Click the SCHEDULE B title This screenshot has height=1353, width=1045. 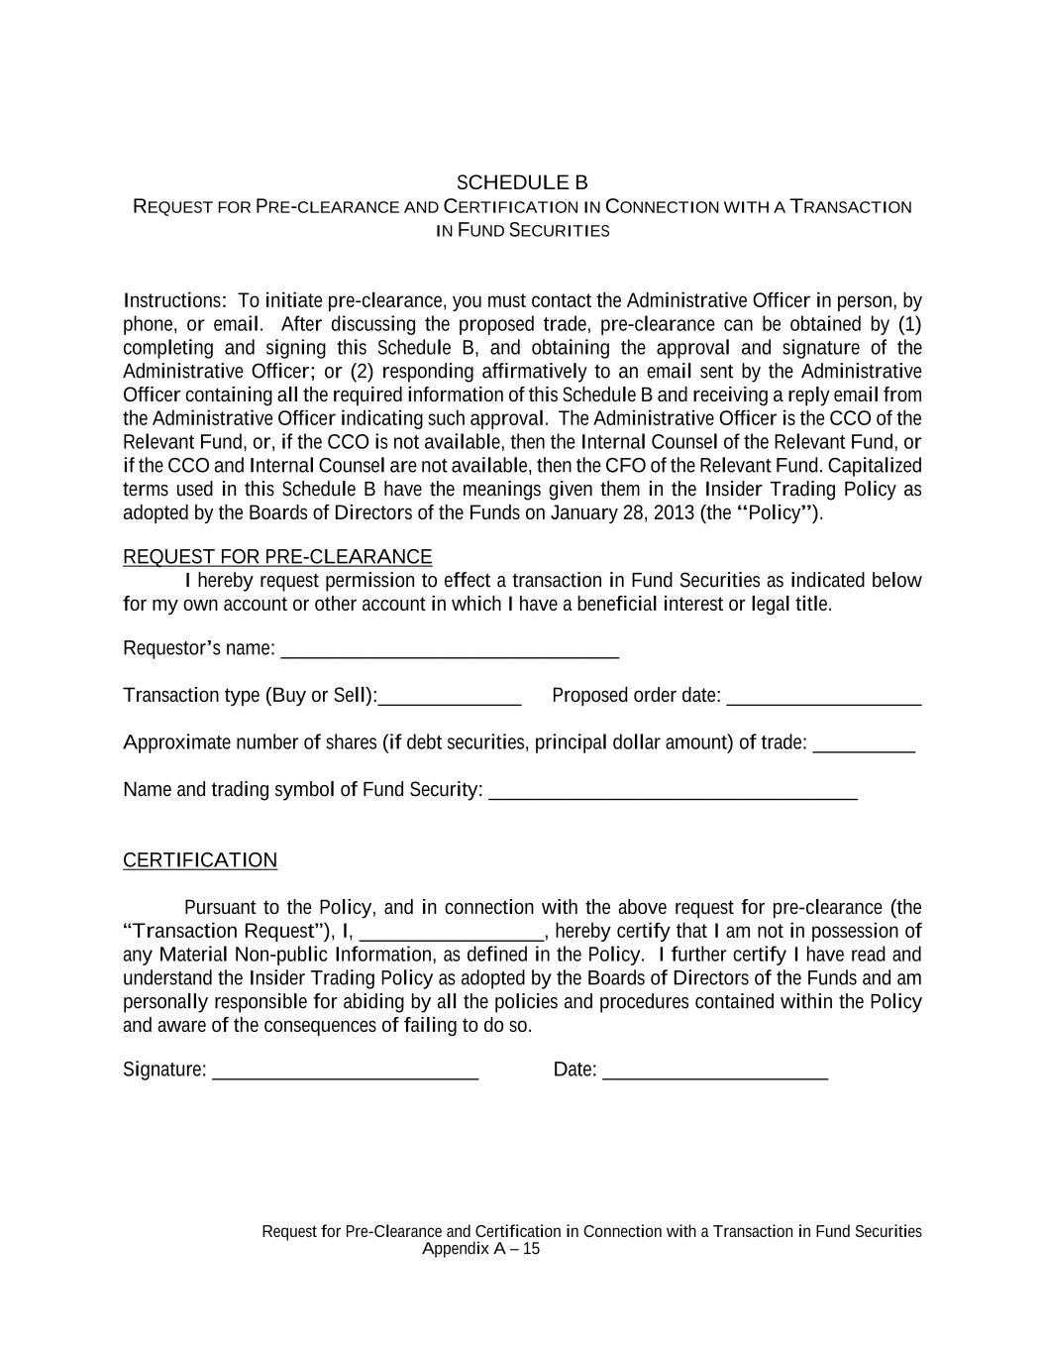[x=522, y=183]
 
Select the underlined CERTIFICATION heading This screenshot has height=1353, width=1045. [x=200, y=860]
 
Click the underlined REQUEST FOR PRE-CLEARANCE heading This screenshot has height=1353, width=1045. [x=277, y=557]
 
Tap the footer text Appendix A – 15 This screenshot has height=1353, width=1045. [x=481, y=1249]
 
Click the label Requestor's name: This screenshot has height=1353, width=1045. [x=198, y=648]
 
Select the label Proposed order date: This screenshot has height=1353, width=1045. [x=636, y=696]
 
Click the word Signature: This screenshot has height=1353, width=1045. [x=164, y=1070]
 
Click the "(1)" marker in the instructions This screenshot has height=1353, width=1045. [x=909, y=324]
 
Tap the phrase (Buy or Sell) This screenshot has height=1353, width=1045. [x=321, y=696]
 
